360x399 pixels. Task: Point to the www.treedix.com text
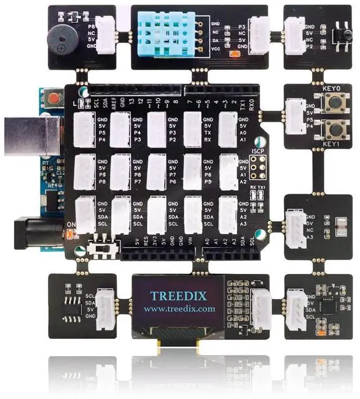(x=179, y=309)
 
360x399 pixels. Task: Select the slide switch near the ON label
(x=104, y=248)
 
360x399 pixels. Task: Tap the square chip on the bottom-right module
(x=327, y=307)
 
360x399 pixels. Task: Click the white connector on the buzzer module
(x=105, y=38)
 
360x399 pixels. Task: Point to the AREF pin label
(x=114, y=101)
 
